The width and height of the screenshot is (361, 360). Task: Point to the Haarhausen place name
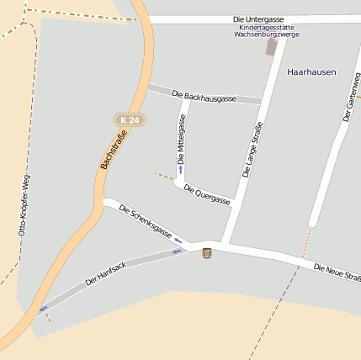311,72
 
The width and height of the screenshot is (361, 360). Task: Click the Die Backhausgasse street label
204,97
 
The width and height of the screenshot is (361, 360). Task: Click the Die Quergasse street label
206,196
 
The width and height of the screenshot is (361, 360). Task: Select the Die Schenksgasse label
145,221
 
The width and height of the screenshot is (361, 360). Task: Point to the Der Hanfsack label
106,273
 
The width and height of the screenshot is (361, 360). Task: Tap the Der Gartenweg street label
351,98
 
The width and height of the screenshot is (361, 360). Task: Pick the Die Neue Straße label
337,272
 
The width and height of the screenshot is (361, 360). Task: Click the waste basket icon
207,252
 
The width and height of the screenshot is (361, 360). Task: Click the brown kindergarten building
272,47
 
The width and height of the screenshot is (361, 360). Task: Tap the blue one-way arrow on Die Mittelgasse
179,169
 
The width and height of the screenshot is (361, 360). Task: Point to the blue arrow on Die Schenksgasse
178,241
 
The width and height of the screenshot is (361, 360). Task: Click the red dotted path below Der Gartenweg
306,242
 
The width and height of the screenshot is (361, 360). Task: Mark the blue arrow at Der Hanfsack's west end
42,308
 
